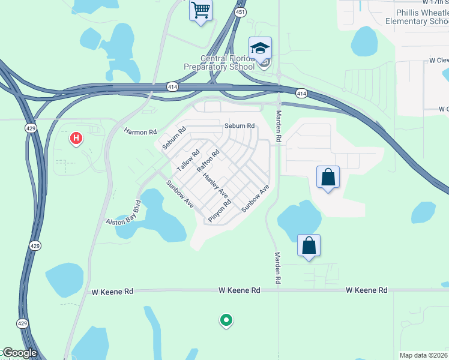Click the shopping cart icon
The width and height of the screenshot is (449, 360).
tap(200, 10)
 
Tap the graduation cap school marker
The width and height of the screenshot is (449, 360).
tap(260, 48)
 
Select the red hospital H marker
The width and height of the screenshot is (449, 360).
tap(76, 139)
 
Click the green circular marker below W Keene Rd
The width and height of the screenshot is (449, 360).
tap(226, 320)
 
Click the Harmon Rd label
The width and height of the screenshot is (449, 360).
tap(140, 131)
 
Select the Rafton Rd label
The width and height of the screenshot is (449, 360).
tap(208, 161)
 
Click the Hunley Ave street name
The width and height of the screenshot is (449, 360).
tap(215, 185)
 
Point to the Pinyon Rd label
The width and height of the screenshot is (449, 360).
tap(220, 211)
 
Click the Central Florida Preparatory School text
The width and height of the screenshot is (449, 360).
tap(228, 62)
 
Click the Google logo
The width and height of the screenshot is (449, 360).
tap(19, 353)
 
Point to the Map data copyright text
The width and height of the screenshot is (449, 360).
tap(424, 355)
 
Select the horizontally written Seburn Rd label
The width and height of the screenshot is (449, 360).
tap(240, 126)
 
